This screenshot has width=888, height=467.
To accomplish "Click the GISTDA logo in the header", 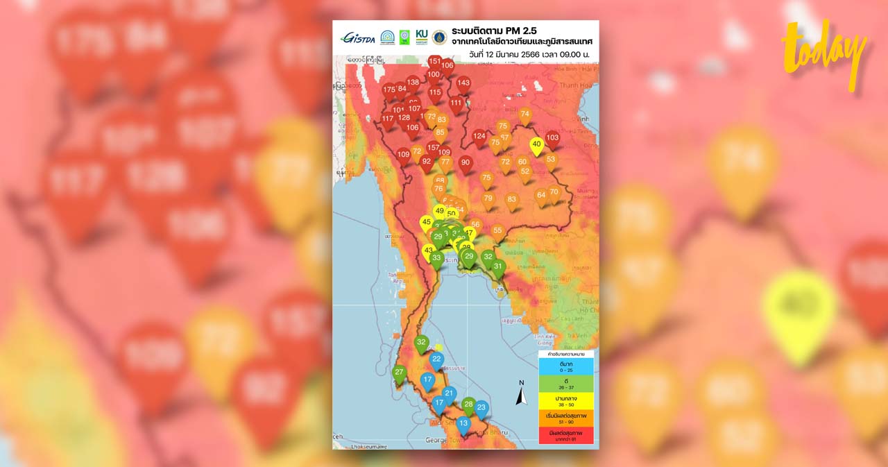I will [x=357, y=37].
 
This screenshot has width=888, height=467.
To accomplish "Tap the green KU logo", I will [x=421, y=37].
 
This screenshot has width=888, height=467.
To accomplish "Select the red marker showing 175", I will [x=389, y=90].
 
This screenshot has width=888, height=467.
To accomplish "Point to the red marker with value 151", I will [x=434, y=62].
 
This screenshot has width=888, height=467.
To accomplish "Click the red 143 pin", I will [x=463, y=83].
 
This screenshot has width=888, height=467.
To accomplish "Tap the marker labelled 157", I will [x=433, y=148].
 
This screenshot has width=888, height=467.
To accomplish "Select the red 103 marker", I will [x=552, y=138].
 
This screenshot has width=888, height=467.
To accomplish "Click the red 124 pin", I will [x=479, y=137].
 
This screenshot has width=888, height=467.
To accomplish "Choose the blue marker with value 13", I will [x=463, y=423].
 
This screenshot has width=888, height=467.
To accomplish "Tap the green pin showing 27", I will [x=399, y=373].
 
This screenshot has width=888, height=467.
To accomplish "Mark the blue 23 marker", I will [x=481, y=408].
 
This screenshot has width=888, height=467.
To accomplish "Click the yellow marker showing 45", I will [x=426, y=222].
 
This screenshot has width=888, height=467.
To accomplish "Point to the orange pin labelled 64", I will [x=541, y=196].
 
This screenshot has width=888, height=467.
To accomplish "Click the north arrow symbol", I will [x=522, y=394].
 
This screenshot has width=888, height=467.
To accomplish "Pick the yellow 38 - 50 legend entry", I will [x=565, y=402].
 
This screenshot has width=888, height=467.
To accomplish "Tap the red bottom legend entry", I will [x=565, y=435].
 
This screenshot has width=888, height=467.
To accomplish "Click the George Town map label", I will [x=445, y=440].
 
